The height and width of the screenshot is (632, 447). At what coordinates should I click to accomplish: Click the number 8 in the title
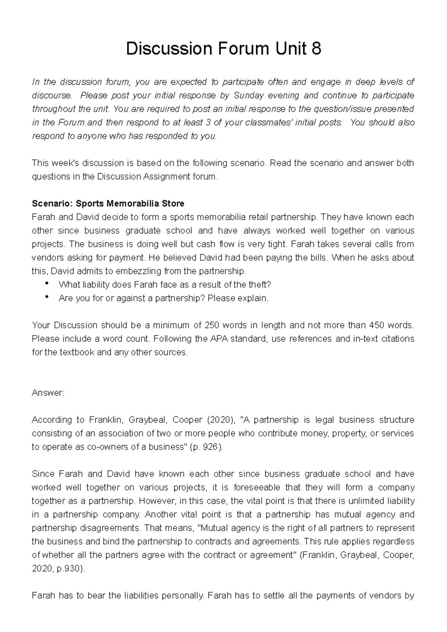[316, 49]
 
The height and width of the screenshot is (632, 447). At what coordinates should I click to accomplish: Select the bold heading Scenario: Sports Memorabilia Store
[108, 204]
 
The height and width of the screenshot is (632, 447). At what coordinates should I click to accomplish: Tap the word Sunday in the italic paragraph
[249, 95]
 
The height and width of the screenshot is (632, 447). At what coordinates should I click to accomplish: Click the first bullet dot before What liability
[47, 284]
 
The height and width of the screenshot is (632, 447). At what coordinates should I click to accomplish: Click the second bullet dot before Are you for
[47, 297]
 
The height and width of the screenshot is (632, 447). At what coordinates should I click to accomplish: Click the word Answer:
[48, 393]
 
